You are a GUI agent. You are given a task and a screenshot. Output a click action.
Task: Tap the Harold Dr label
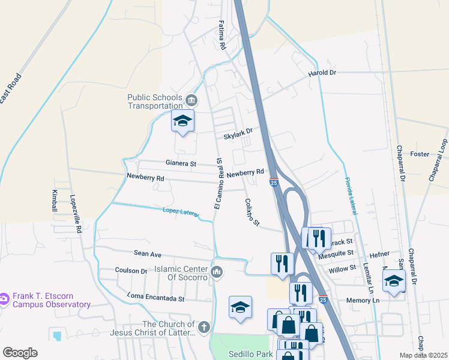(x=322, y=73)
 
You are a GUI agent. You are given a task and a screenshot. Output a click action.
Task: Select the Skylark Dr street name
(x=238, y=133)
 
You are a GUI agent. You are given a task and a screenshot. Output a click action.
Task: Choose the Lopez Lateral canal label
(x=181, y=211)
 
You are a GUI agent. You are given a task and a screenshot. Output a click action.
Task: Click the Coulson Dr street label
(x=131, y=271)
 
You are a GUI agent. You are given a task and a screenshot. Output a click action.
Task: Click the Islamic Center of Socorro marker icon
(x=217, y=272)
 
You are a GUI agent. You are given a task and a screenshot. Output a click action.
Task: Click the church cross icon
(x=204, y=327)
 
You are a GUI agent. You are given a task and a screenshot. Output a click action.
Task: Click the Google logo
(x=20, y=353)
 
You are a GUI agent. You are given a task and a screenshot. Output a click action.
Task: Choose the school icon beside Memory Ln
(x=394, y=280)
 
